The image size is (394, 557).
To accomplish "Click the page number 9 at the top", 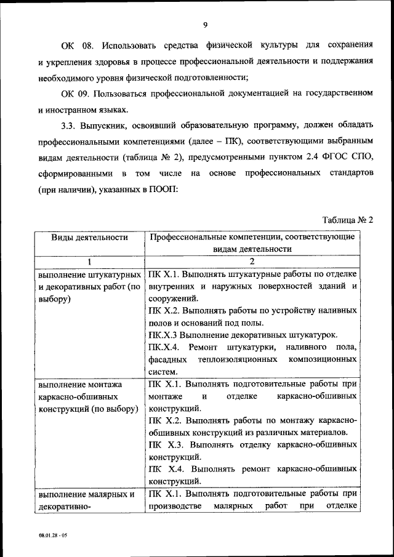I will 205,24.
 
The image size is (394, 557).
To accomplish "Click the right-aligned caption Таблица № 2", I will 348,219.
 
